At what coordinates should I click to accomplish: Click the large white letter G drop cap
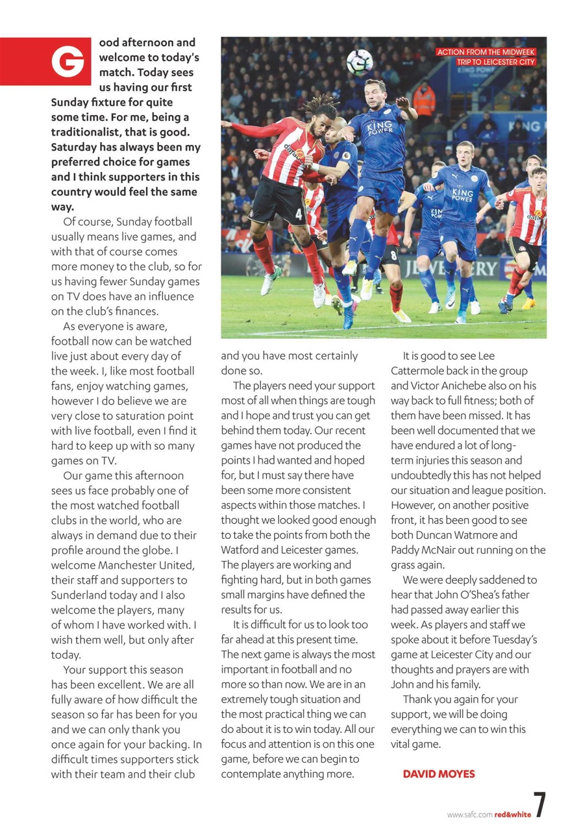point(68,61)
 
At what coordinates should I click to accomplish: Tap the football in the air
point(359,62)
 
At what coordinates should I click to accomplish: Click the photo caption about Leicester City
point(486,57)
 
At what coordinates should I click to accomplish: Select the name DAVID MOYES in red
point(439,774)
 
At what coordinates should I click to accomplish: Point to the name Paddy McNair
point(422,550)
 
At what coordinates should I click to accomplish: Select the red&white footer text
point(512,814)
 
